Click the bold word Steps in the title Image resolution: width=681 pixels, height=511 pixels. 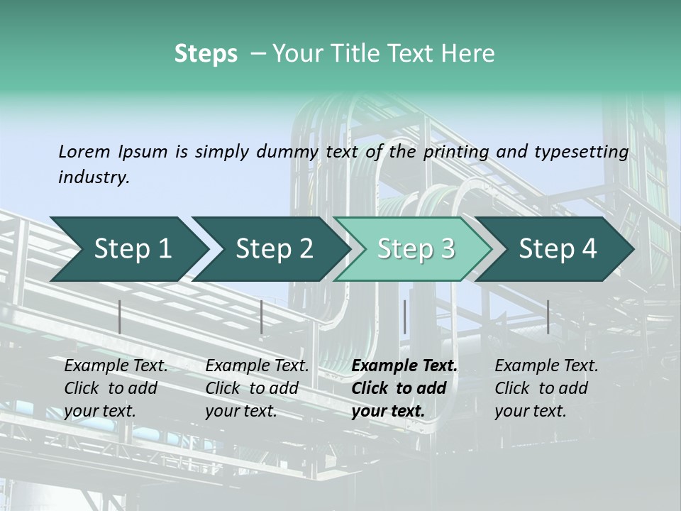point(206,54)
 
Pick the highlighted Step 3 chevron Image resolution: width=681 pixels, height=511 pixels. point(416,249)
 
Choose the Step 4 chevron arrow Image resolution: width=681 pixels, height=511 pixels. point(558,249)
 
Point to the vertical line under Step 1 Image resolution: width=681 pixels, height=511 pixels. point(120,317)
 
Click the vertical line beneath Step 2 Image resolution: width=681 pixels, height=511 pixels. point(262,317)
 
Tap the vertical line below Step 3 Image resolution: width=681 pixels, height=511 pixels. point(404,317)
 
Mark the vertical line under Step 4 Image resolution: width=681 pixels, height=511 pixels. point(548,317)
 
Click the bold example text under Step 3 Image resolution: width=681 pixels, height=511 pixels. point(404,388)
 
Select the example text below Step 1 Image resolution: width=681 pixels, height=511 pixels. point(116,388)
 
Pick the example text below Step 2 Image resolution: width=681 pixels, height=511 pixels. point(257,388)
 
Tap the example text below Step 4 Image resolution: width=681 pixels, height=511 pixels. point(546,388)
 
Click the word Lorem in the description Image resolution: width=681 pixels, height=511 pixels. point(84,151)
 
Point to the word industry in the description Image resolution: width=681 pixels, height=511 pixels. point(94,177)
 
